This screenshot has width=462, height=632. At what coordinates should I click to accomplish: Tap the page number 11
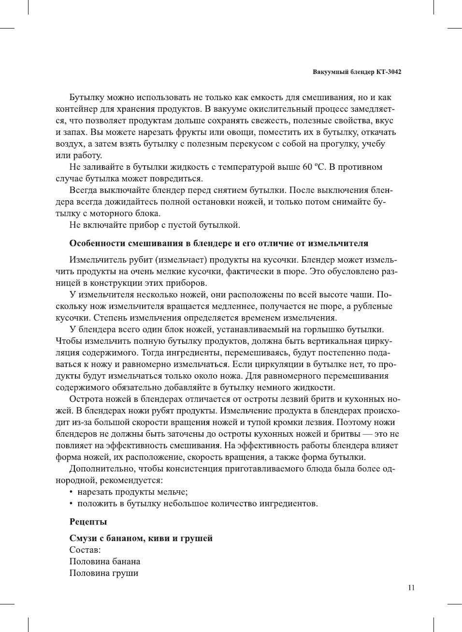tap(411, 588)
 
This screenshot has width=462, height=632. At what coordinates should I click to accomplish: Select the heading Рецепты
tap(88, 522)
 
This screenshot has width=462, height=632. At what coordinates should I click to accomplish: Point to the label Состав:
tap(85, 550)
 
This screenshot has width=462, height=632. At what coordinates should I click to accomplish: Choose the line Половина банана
tap(105, 561)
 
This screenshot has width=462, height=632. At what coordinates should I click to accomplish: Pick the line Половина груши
tap(104, 573)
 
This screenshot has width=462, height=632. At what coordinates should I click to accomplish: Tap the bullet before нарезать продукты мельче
tap(72, 492)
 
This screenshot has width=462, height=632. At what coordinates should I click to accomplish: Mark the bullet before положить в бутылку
tap(72, 504)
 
